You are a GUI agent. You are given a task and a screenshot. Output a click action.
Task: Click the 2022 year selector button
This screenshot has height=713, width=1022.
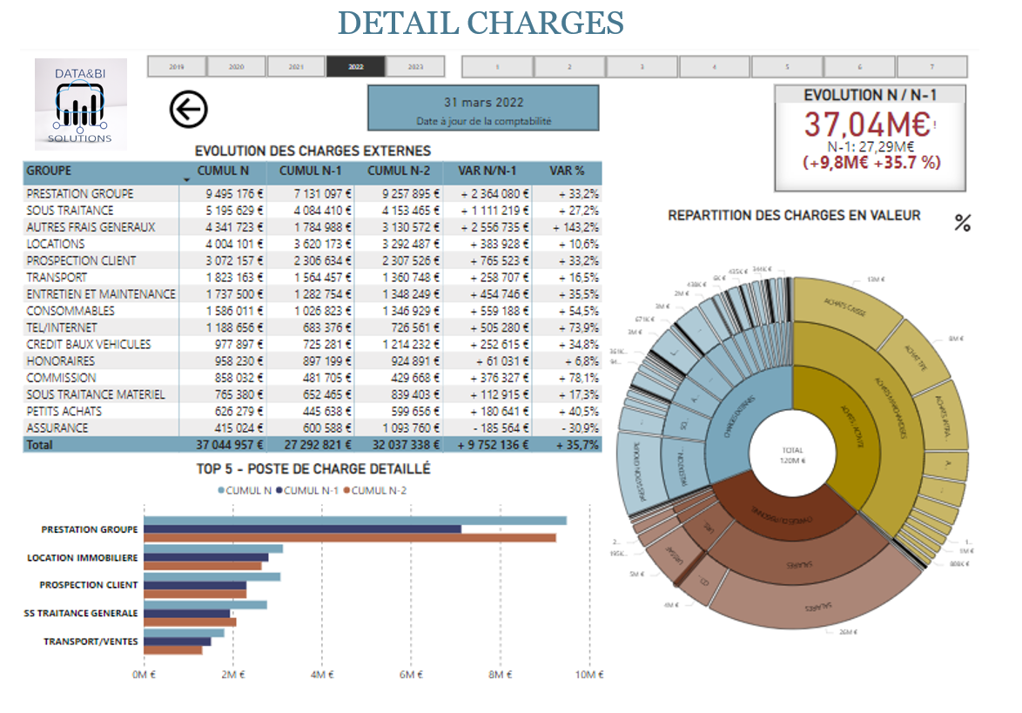click(x=355, y=66)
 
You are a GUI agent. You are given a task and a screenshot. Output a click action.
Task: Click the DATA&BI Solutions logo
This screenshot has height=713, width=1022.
click(x=81, y=104)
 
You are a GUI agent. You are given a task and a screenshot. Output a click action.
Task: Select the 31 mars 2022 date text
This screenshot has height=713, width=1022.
click(x=483, y=103)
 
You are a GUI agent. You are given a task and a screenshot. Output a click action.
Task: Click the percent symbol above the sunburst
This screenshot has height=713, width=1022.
click(x=962, y=223)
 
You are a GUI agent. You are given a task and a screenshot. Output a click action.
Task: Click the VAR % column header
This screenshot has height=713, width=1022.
click(x=567, y=172)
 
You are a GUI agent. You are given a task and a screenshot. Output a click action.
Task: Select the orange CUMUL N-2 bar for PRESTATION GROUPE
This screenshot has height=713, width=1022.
click(x=349, y=538)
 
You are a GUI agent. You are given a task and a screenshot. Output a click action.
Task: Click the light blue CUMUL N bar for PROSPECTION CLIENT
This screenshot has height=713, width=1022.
click(x=212, y=576)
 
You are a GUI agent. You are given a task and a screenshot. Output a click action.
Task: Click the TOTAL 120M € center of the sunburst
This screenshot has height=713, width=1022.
click(x=792, y=454)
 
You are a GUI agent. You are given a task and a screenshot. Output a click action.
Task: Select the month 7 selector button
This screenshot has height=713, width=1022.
click(x=931, y=66)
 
